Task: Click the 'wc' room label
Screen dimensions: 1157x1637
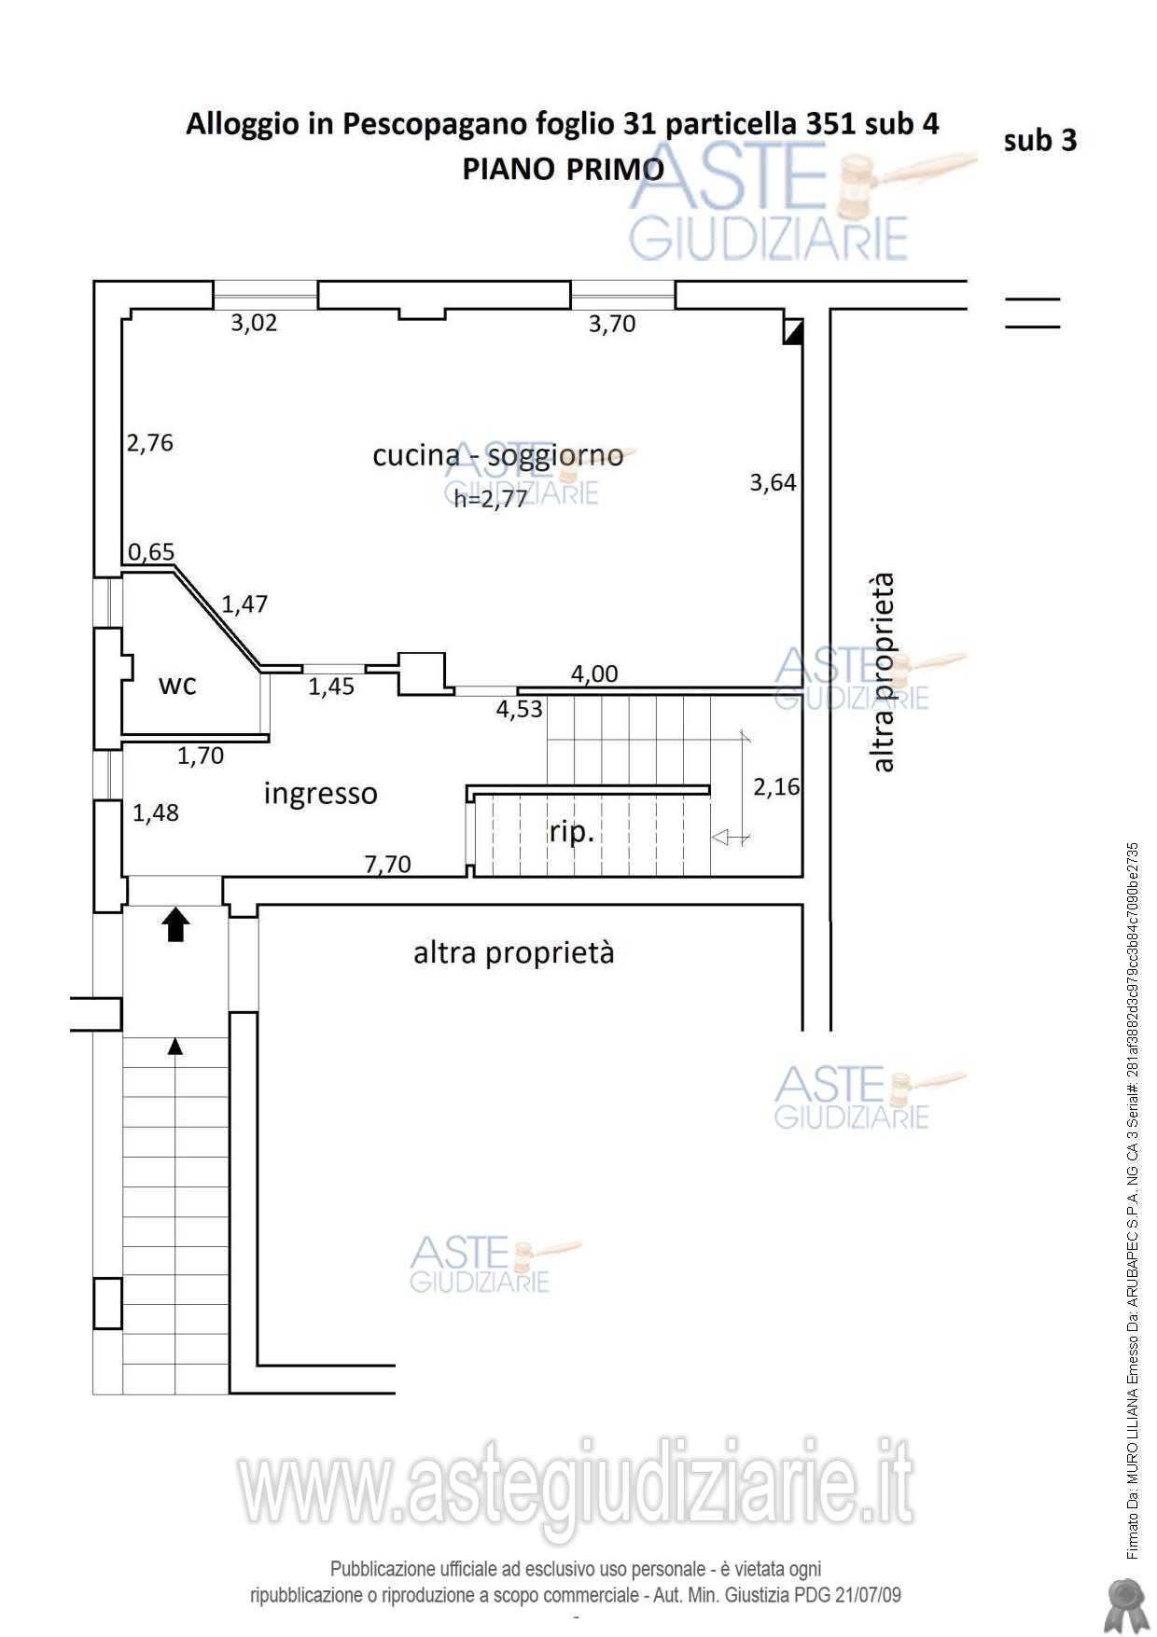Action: pyautogui.click(x=177, y=686)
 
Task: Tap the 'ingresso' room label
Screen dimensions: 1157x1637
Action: pyautogui.click(x=320, y=794)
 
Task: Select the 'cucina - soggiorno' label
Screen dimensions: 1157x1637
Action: pyautogui.click(x=497, y=455)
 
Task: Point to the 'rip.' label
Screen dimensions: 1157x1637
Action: pyautogui.click(x=571, y=831)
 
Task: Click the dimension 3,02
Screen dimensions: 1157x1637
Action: pyautogui.click(x=254, y=324)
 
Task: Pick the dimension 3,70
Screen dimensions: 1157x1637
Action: pyautogui.click(x=611, y=324)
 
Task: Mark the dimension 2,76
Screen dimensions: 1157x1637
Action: pyautogui.click(x=150, y=443)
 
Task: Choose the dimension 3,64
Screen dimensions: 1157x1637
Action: pyautogui.click(x=773, y=482)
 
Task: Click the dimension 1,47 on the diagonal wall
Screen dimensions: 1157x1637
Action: pyautogui.click(x=244, y=604)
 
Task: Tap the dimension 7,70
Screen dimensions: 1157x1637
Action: pyautogui.click(x=387, y=865)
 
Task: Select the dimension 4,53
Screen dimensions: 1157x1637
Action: pyautogui.click(x=519, y=710)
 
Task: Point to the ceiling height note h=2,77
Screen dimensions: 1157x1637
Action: pyautogui.click(x=491, y=499)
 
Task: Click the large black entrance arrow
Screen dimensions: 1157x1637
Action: pyautogui.click(x=175, y=925)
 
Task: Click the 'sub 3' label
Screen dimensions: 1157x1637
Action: pyautogui.click(x=1040, y=141)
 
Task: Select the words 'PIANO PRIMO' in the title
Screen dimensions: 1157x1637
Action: pyautogui.click(x=563, y=169)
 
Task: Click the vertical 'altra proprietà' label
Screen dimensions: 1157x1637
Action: pyautogui.click(x=882, y=673)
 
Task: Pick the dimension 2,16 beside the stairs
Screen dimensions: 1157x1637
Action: pyautogui.click(x=776, y=787)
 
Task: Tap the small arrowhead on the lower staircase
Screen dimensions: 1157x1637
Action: pyautogui.click(x=174, y=1047)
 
